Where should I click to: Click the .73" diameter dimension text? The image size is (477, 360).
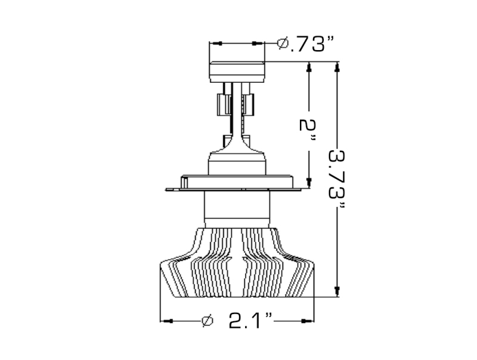click(310, 44)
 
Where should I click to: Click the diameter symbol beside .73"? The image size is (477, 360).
click(283, 44)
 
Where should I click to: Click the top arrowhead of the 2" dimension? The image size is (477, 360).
click(309, 67)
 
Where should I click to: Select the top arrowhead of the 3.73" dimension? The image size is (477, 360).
click(337, 67)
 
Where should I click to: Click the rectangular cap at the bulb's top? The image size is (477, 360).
click(236, 72)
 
